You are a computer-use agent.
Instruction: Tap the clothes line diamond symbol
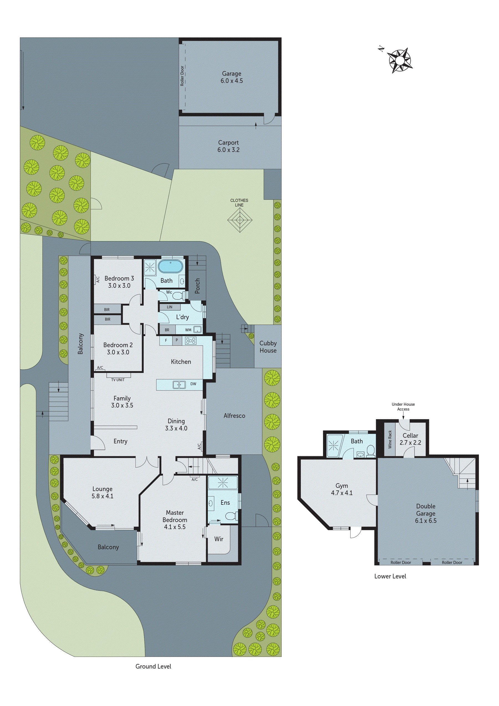pos(240,220)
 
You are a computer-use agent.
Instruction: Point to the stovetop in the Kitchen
pos(191,341)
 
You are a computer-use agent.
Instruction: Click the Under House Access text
pos(403,407)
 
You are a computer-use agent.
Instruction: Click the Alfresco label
pos(234,416)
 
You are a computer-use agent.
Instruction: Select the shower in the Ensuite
pos(223,483)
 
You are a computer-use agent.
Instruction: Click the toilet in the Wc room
pos(178,296)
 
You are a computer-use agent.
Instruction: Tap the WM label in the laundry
pos(188,330)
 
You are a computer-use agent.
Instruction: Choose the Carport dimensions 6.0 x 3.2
pos(228,150)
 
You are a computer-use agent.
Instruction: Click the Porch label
pos(197,286)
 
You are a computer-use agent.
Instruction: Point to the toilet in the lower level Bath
pos(371,451)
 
